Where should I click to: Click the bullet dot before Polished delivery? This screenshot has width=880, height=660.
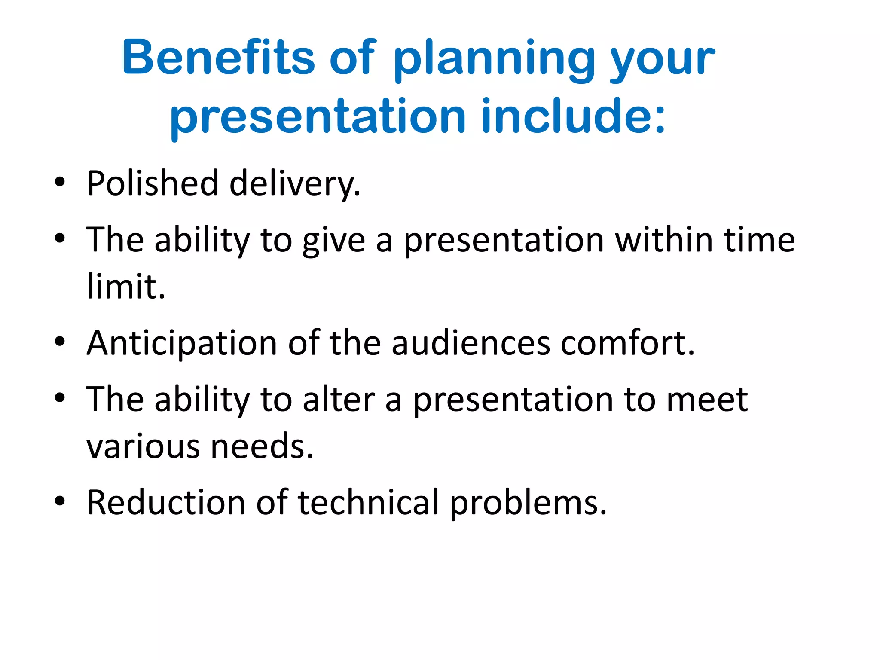pyautogui.click(x=60, y=182)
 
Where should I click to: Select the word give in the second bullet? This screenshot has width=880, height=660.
pyautogui.click(x=333, y=241)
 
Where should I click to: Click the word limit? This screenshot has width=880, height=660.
pyautogui.click(x=125, y=287)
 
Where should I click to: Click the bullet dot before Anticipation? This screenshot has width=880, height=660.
pyautogui.click(x=60, y=342)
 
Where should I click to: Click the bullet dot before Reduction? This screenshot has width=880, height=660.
pyautogui.click(x=60, y=501)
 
